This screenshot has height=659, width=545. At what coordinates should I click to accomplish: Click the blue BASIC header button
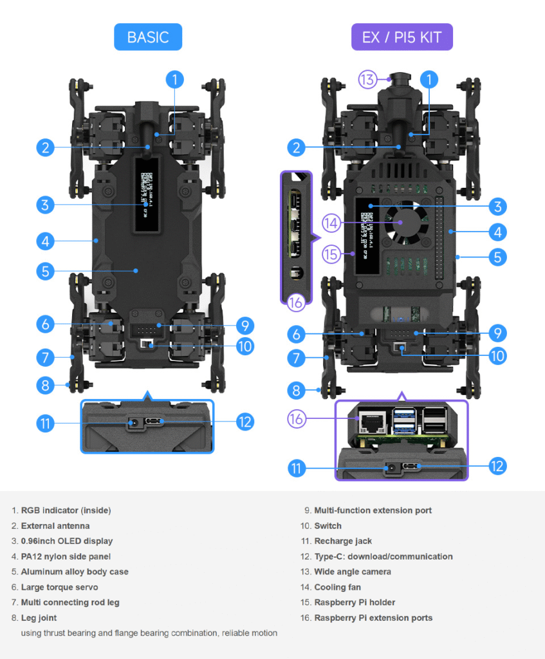pyautogui.click(x=148, y=37)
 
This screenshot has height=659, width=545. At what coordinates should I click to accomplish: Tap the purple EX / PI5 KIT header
pyautogui.click(x=402, y=37)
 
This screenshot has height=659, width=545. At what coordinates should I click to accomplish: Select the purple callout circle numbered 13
pyautogui.click(x=367, y=80)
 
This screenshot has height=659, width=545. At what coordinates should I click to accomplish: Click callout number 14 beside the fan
pyautogui.click(x=331, y=223)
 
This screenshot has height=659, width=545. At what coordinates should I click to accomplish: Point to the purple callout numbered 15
pyautogui.click(x=331, y=254)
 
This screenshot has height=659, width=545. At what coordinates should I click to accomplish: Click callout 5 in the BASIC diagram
pyautogui.click(x=45, y=271)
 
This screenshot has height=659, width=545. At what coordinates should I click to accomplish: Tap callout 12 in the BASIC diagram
pyautogui.click(x=245, y=422)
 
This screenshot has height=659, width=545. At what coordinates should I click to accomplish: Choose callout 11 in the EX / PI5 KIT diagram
pyautogui.click(x=296, y=468)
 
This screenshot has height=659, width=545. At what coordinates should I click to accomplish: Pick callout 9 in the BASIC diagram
pyautogui.click(x=245, y=326)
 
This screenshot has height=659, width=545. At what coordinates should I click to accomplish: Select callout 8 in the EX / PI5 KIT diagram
pyautogui.click(x=296, y=390)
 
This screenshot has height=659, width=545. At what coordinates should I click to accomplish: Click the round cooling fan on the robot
pyautogui.click(x=403, y=223)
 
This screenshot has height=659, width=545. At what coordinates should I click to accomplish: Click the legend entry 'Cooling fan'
pyautogui.click(x=337, y=587)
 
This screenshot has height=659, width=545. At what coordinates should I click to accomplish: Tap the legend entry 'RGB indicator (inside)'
pyautogui.click(x=66, y=510)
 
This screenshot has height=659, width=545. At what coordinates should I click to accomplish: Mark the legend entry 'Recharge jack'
pyautogui.click(x=342, y=541)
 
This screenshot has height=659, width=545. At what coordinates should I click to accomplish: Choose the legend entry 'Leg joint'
pyautogui.click(x=39, y=618)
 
